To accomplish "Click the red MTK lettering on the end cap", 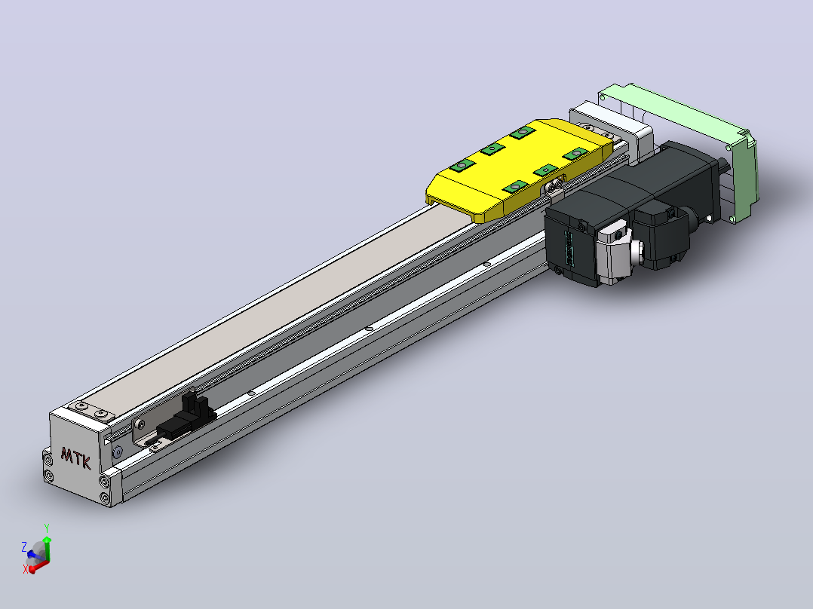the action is [75, 458].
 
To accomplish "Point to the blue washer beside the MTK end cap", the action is [117, 452].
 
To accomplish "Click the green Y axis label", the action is [47, 528].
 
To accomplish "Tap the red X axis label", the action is [25, 570].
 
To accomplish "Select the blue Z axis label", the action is [24, 546].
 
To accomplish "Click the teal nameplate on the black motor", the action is [569, 249].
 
